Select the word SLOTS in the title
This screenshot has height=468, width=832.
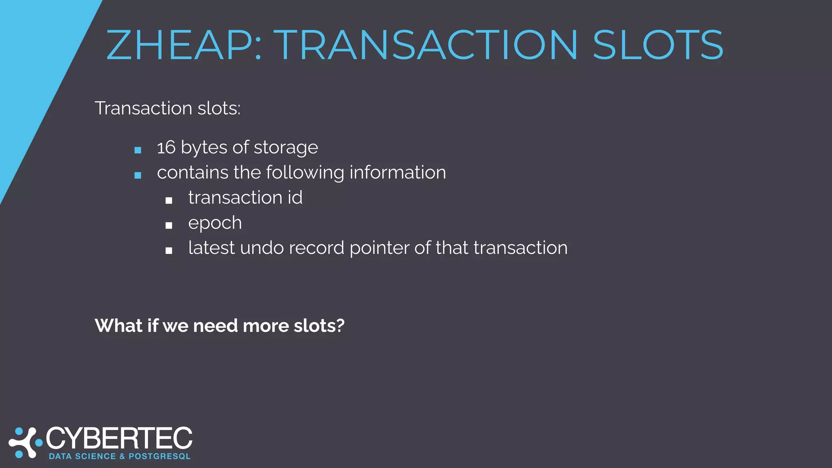[658, 45]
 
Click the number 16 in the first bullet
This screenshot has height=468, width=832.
[166, 147]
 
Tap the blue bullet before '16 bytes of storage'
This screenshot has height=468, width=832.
[138, 150]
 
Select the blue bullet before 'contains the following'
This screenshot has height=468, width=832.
[138, 175]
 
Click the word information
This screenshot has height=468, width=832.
[398, 173]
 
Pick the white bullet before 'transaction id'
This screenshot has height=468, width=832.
[169, 201]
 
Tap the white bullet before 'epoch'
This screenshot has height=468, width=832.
[169, 226]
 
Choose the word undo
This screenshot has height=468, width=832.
[262, 248]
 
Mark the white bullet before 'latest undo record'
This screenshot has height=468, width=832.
[169, 251]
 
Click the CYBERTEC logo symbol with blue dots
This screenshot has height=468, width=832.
[26, 442]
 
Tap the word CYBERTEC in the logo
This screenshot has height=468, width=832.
[119, 439]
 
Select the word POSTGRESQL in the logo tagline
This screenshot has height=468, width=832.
[160, 457]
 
